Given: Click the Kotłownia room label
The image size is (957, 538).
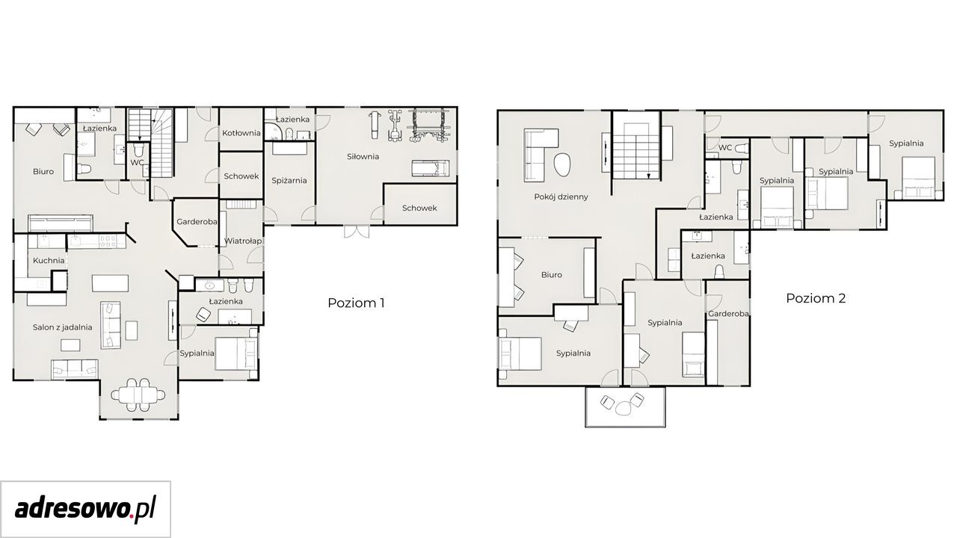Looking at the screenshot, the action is pos(241,133).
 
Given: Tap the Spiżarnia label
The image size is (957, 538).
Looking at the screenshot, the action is pos(289,181).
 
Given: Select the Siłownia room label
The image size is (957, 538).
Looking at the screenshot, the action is pos(363,157).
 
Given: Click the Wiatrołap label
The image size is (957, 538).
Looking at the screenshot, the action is pos(243,241).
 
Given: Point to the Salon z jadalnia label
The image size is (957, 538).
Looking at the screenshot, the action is pos(62,327).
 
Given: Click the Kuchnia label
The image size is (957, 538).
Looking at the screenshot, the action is pos(49,261).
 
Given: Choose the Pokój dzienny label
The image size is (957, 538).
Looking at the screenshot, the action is pos(561,197).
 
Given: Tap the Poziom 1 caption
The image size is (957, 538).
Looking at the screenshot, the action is pos(356,303).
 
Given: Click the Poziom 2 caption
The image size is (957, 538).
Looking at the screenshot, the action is pos(816,298).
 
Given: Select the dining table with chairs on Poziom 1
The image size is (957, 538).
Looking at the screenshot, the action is pos(138,395).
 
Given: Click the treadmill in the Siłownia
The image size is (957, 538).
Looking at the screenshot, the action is pos(431,168).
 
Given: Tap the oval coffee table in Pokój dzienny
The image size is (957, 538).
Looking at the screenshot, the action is pos(562,165).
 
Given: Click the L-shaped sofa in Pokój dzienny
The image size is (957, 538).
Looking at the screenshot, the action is pos(534,155).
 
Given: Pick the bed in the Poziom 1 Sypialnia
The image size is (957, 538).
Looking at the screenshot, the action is pos(236,354).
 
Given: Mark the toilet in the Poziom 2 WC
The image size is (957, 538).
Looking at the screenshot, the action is pos(742,148).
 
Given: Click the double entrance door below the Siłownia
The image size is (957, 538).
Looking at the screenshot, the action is pos(357,232).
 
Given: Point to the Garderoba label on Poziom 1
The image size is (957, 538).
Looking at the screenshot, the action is pos(197,222).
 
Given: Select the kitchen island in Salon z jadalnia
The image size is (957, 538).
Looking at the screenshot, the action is pos(110,282).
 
